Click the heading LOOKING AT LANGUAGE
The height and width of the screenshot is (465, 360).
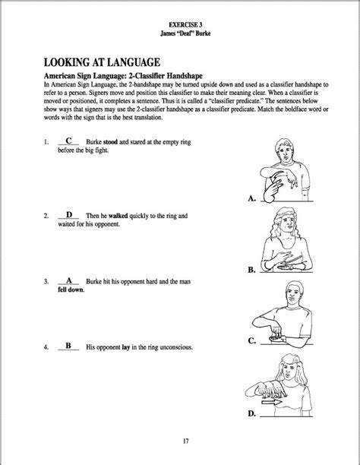[x=102, y=62]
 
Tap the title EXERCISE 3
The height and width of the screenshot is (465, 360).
[x=185, y=25]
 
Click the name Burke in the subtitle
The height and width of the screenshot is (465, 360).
[x=203, y=33]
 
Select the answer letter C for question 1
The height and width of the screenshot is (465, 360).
[x=68, y=141]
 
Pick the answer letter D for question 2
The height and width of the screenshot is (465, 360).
[x=69, y=214]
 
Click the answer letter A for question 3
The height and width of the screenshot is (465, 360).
[x=69, y=280]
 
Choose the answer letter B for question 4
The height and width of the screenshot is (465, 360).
[x=68, y=346]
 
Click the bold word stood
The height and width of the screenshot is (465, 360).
[x=110, y=142]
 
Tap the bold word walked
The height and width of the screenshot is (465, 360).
[x=118, y=216]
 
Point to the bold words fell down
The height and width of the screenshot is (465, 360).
[x=71, y=289]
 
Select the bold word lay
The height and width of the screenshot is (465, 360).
[x=126, y=347]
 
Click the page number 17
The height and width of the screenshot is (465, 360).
[x=185, y=441]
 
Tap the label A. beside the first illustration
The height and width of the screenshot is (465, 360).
[x=251, y=198]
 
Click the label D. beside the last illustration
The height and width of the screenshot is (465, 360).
[x=252, y=413]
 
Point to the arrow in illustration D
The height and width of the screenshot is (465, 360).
[x=272, y=403]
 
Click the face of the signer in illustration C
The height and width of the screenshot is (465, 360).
[x=293, y=296]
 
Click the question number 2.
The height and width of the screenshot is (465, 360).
[x=46, y=216]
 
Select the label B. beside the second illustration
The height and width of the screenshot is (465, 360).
[x=251, y=270]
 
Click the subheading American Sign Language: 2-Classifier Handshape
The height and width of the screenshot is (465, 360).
[x=123, y=76]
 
